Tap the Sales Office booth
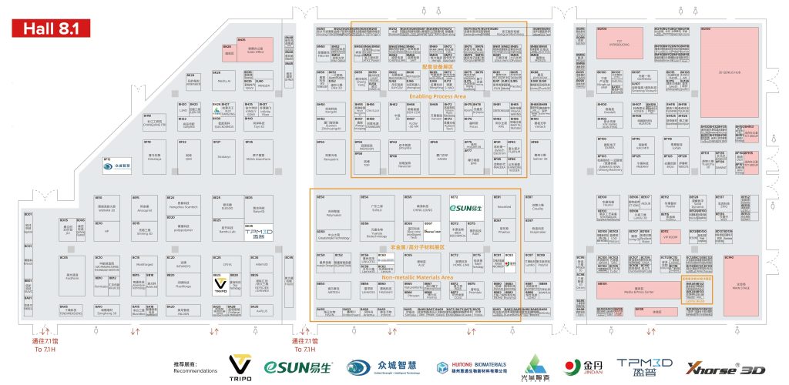[253, 46]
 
